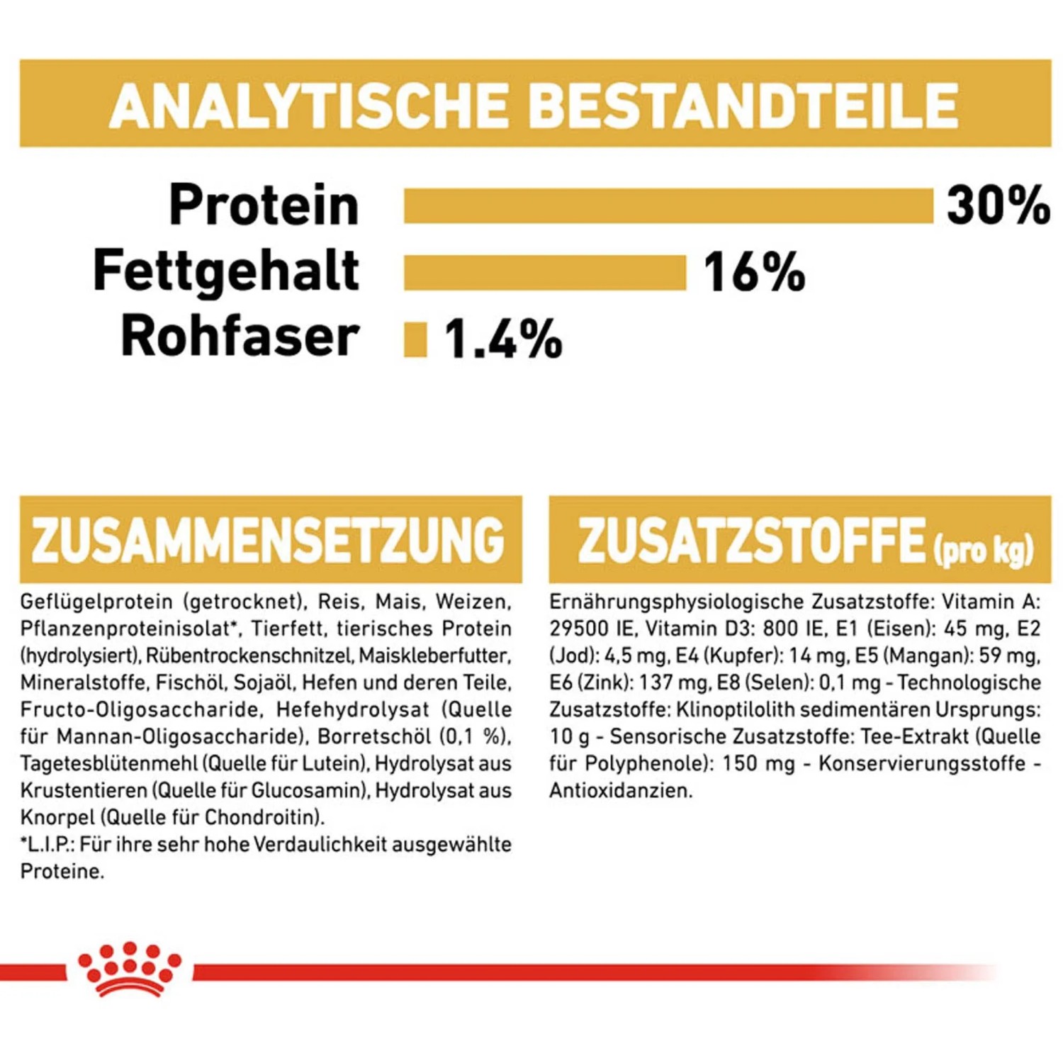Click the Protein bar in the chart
coord(668,206)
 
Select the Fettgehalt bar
coord(545,273)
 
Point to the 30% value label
coord(998,206)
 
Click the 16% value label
coord(754,272)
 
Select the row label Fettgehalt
coord(226,271)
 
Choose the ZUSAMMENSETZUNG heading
coord(268,540)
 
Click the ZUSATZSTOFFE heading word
coord(752,540)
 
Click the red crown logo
coord(130,968)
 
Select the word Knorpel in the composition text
coord(57,817)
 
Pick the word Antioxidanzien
coord(620,790)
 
